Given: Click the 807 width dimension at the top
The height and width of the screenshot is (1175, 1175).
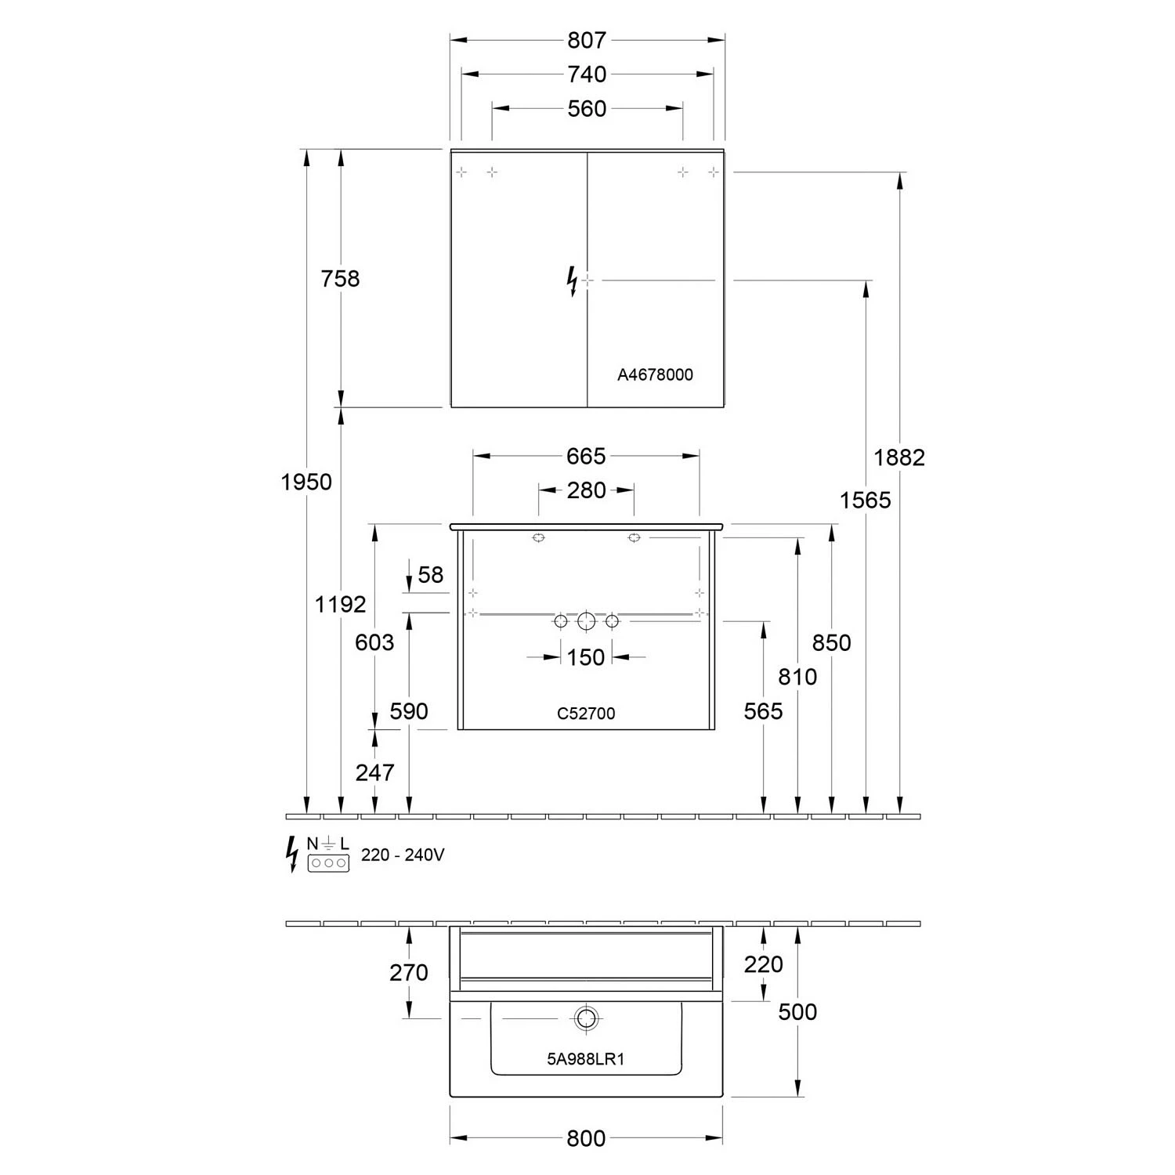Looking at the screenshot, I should [587, 39].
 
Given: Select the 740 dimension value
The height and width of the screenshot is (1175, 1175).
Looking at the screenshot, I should [587, 74].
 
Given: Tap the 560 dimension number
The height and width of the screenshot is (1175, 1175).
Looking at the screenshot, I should [587, 108].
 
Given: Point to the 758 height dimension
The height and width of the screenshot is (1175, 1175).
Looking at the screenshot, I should [340, 278].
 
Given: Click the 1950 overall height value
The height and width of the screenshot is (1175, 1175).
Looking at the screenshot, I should [306, 482].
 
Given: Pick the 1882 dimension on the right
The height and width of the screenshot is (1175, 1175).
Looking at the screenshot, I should [899, 457].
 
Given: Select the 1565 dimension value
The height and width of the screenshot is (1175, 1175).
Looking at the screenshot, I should [866, 499].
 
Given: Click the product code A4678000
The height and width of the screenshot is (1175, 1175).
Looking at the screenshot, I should [655, 375].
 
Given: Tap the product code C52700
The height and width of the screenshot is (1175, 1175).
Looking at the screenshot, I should [586, 714].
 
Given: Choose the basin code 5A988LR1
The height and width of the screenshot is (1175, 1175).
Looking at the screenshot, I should [585, 1060].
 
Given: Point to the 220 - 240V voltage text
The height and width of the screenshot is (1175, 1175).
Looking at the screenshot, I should [403, 855].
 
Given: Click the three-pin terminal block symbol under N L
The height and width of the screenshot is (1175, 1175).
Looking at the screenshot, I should [328, 863].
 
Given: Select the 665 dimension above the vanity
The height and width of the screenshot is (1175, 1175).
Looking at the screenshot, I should [586, 455].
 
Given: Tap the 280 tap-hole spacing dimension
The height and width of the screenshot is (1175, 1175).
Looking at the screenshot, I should [586, 490].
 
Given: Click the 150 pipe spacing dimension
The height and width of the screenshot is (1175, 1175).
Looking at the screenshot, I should [586, 657].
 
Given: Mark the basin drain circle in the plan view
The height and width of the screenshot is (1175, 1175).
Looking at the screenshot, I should [585, 1018].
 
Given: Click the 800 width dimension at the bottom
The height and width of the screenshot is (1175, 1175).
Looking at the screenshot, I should [586, 1138].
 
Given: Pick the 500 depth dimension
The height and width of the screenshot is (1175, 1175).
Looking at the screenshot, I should [797, 1011].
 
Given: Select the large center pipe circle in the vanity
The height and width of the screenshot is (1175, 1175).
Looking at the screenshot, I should [586, 621].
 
